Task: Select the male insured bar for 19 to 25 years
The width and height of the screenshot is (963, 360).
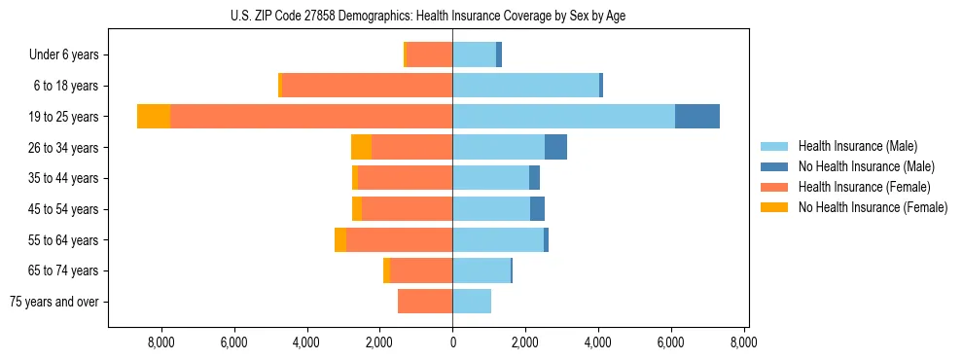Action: pos(563,117)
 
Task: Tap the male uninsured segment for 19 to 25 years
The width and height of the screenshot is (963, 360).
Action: pos(697,117)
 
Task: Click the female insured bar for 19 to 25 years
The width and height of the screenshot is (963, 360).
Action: pos(311,117)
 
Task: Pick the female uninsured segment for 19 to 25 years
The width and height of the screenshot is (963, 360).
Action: pos(154,117)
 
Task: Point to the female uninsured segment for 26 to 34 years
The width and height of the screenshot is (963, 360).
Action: pos(361,148)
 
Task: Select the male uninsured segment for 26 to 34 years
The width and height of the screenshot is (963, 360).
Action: pos(555,148)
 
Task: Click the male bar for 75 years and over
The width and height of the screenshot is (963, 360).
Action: pos(472,302)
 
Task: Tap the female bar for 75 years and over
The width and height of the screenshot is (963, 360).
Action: pos(425,302)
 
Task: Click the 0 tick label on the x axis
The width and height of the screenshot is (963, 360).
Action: pos(452,342)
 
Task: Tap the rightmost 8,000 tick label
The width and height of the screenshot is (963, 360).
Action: pos(744,342)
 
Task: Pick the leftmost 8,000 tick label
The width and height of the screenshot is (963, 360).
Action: pos(160,342)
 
